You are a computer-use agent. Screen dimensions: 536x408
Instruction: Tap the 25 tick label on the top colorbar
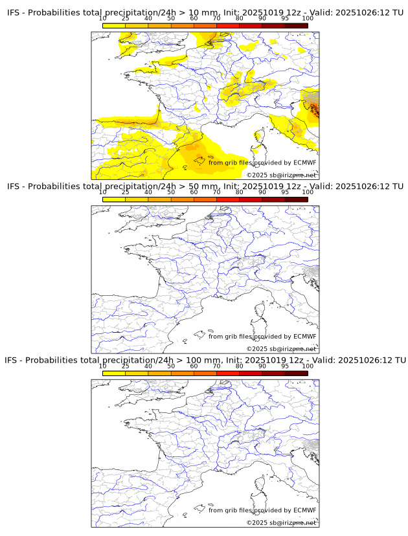(x=126, y=18)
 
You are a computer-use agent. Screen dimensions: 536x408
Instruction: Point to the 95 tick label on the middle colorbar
(x=285, y=192)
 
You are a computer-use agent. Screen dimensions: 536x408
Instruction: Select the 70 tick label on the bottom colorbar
(x=216, y=366)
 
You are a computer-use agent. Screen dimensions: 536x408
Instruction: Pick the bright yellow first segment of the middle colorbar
(x=114, y=199)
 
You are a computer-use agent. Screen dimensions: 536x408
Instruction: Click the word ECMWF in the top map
(x=304, y=162)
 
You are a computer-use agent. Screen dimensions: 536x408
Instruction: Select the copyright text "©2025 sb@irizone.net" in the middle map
(x=281, y=349)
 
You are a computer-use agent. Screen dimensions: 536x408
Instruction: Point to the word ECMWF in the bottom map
(x=304, y=510)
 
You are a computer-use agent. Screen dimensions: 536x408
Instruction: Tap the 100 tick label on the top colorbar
(x=308, y=18)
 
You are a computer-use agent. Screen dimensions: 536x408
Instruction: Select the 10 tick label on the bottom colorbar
(x=103, y=366)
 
